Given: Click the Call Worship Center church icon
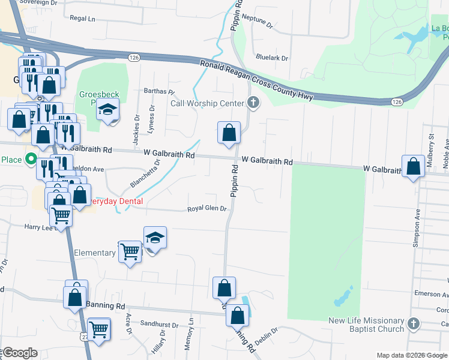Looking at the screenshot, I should point(253,103).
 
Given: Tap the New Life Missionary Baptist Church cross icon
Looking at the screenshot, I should point(412,325).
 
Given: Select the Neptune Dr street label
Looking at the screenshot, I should point(260,23).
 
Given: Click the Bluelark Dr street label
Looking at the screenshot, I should point(271,58).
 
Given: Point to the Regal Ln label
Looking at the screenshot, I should point(83,19).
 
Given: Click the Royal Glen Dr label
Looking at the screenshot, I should point(206,209).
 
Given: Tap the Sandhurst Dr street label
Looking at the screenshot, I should point(158,324).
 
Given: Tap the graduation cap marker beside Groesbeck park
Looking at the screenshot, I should point(109,110).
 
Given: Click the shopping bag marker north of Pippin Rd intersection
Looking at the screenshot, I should point(229,133).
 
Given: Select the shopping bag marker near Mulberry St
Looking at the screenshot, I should point(413,167).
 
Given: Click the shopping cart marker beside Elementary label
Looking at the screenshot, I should point(129,252).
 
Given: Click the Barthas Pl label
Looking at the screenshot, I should point(158,92).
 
